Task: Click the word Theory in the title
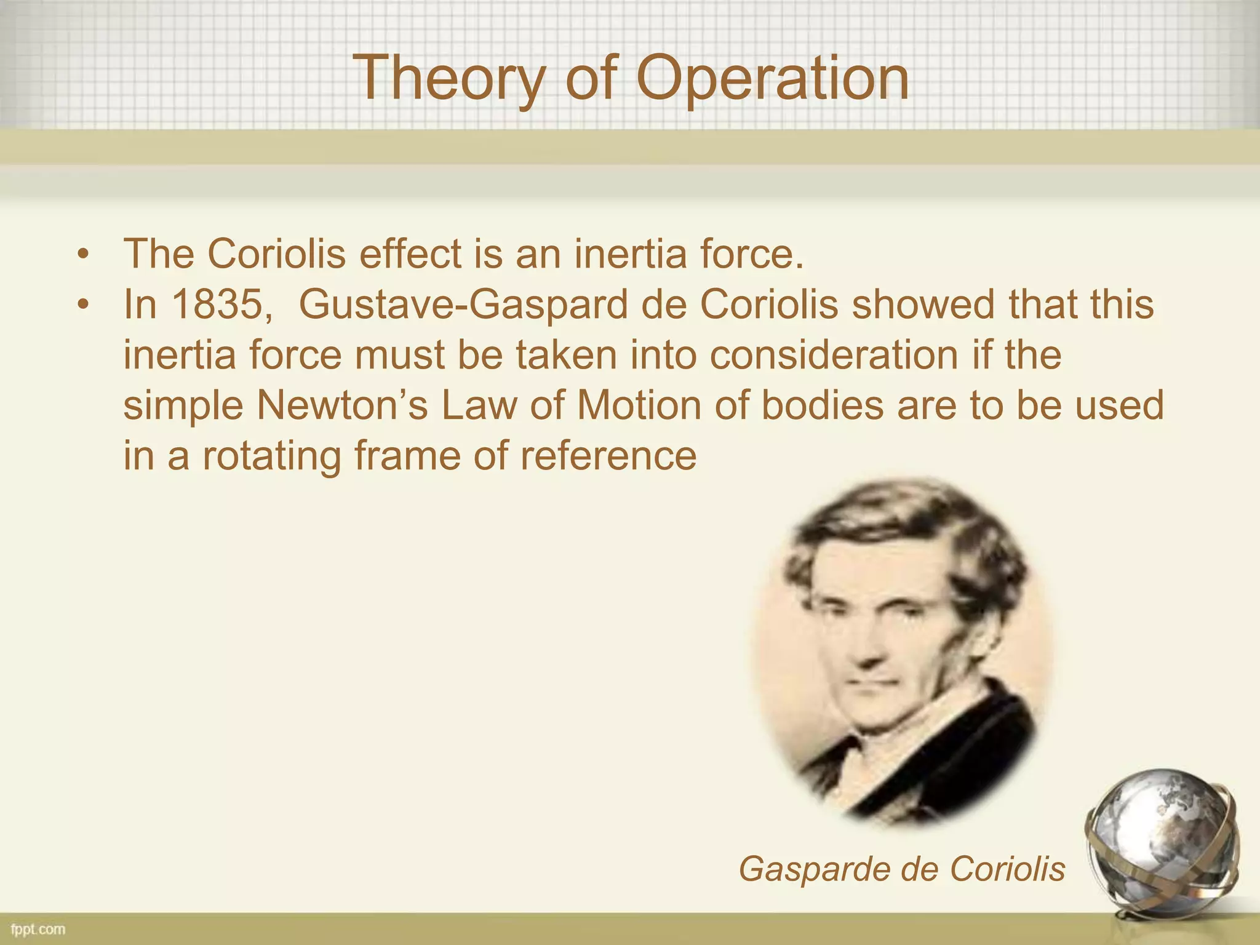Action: point(449,78)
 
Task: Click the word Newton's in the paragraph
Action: point(341,405)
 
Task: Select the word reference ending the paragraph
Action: point(608,456)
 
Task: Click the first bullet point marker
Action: point(84,253)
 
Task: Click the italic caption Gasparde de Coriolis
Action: point(901,869)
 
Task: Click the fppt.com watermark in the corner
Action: point(38,929)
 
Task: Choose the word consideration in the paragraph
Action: point(834,355)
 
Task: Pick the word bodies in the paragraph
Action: point(822,405)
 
